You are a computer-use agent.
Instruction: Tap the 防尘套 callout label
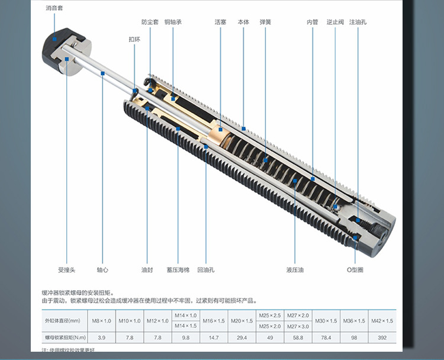[150, 22]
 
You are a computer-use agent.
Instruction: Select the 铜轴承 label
[173, 22]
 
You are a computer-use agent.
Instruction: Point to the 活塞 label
[220, 22]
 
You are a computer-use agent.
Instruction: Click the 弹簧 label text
[265, 22]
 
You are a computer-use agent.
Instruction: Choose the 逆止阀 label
[334, 22]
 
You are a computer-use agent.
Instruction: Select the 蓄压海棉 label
[178, 270]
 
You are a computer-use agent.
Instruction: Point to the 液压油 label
[294, 270]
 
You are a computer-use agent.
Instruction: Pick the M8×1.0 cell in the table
[101, 320]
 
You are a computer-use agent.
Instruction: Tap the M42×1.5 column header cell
[382, 320]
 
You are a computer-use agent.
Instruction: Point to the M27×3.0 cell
[298, 326]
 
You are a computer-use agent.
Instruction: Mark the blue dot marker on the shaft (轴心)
[102, 73]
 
